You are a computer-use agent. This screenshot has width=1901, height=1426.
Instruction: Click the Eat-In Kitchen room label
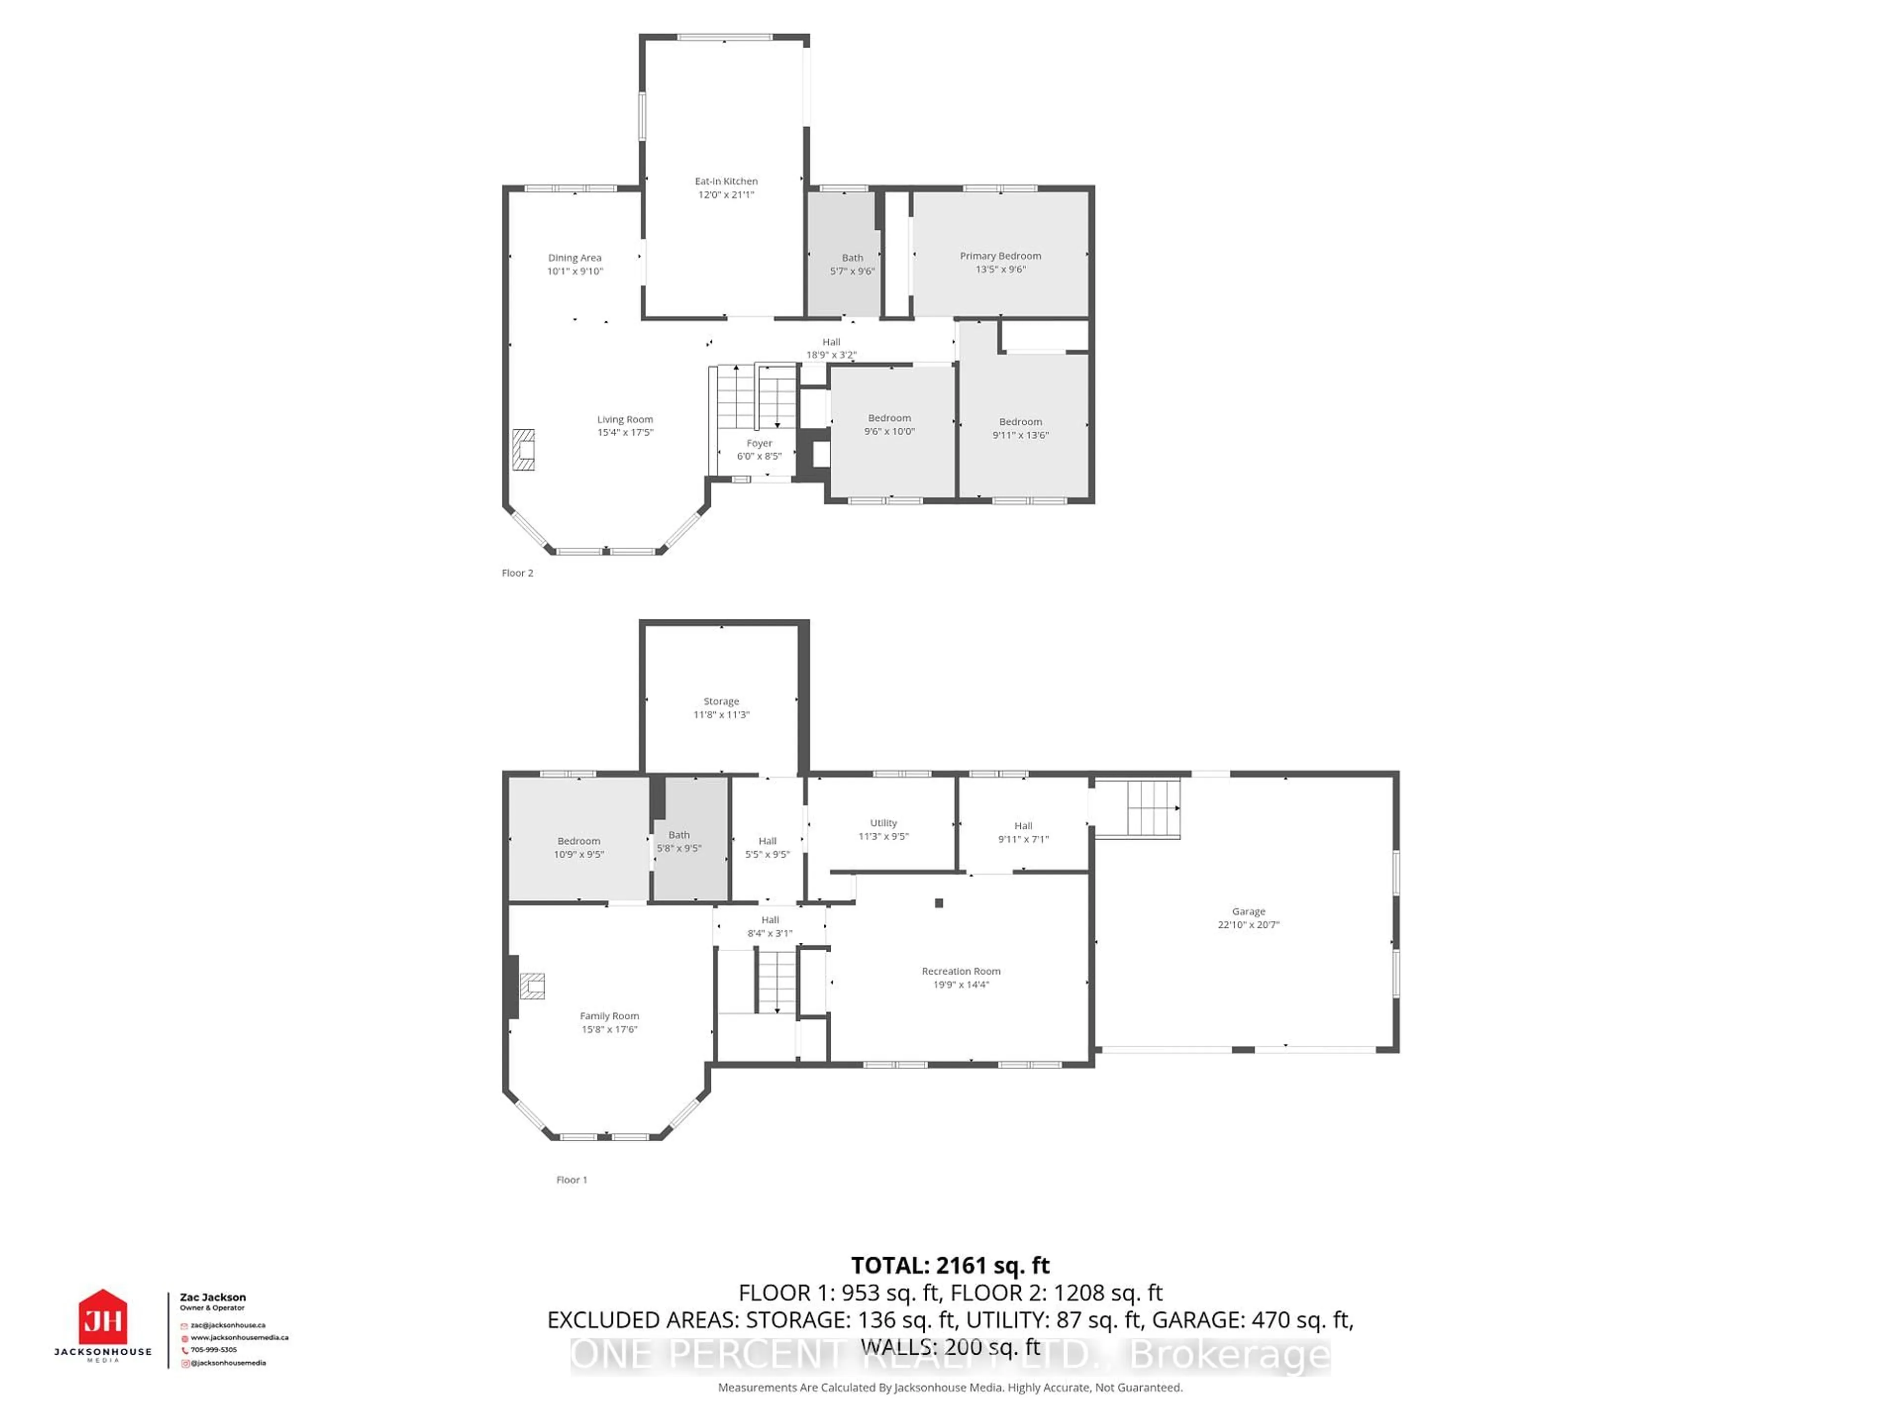(x=726, y=181)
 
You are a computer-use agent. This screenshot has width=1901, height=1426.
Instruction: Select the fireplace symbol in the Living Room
(x=523, y=450)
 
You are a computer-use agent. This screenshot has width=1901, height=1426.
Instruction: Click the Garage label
(x=1248, y=911)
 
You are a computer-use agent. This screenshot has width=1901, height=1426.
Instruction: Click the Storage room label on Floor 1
(x=721, y=702)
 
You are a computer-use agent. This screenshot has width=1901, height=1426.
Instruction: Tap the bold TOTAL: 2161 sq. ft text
(x=950, y=1265)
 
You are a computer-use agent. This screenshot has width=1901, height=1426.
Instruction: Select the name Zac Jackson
(x=212, y=1297)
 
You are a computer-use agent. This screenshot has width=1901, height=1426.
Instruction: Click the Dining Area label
(x=575, y=258)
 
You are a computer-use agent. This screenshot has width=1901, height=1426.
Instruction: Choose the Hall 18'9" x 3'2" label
(x=831, y=348)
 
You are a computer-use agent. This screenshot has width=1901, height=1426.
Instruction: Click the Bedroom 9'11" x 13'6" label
(x=1020, y=428)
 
